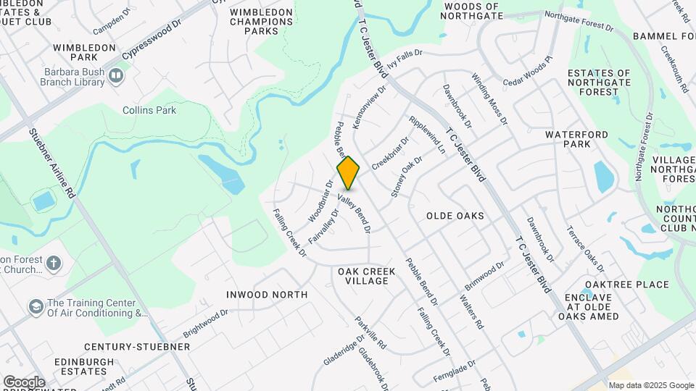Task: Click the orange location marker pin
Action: pos(348,172)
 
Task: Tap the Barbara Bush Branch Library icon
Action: pos(115,76)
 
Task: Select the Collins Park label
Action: pos(149,110)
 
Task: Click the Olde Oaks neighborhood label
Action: pos(455,216)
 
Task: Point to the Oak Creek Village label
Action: pos(367,276)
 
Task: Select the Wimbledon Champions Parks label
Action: pos(262,22)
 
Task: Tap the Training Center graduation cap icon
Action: pos(36,307)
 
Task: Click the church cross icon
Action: pos(54,264)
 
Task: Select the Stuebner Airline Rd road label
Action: pos(51,163)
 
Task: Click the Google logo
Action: pos(24,382)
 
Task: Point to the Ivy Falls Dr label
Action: pos(404,56)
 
